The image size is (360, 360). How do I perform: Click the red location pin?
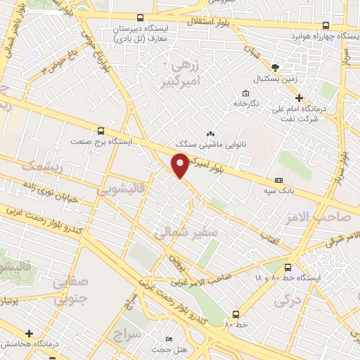(x=181, y=165)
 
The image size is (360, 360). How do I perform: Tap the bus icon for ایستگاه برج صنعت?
(x=101, y=131)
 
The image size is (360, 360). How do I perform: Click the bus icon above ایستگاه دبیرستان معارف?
(x=140, y=18)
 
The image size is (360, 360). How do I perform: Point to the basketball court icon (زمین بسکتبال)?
(x=274, y=67)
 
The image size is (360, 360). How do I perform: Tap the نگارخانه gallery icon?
(x=245, y=93)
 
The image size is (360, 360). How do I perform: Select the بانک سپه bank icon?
(x=279, y=180)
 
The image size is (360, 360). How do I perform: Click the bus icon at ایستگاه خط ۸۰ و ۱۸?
(x=288, y=267)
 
